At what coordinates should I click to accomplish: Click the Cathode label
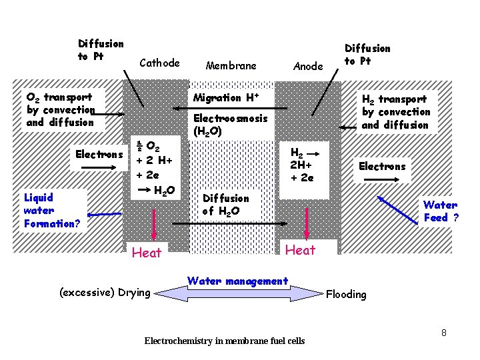tap(159, 63)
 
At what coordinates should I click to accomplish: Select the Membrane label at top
tap(231, 65)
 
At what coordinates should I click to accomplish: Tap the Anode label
tap(308, 66)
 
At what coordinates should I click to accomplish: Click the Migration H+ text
tap(225, 98)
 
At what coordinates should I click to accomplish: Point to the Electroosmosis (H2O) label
tap(230, 125)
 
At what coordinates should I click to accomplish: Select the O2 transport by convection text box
tap(61, 110)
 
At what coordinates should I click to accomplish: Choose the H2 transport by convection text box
tap(395, 112)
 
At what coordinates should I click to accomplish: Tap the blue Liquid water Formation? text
tap(51, 211)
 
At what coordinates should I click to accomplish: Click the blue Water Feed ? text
tap(441, 211)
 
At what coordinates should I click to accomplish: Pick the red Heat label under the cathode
tap(146, 253)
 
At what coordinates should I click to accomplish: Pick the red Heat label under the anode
tap(300, 250)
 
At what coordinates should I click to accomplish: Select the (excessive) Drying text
tap(105, 292)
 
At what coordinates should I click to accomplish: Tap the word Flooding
tap(346, 294)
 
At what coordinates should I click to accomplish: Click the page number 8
tap(443, 331)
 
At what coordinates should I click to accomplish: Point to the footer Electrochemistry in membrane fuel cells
tap(225, 341)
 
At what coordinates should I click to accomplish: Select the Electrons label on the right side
tap(382, 167)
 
